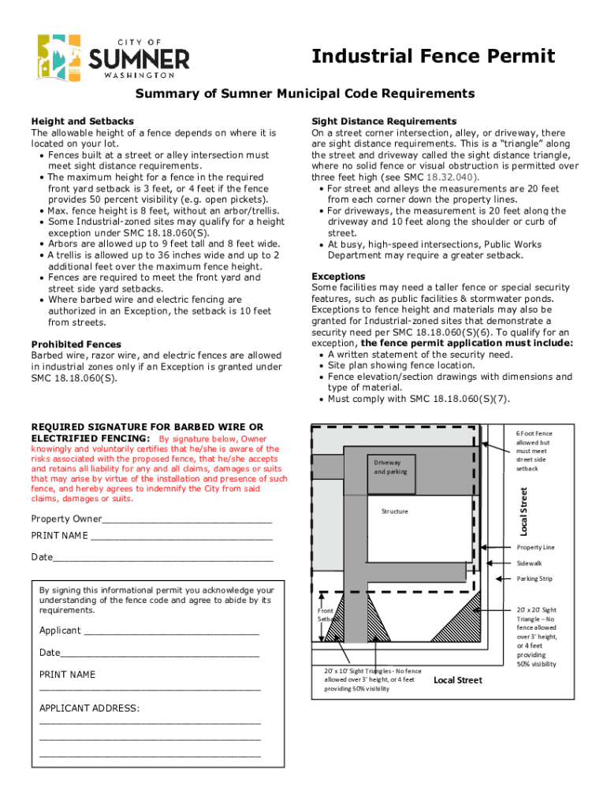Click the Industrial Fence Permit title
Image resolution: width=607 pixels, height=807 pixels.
coord(434,57)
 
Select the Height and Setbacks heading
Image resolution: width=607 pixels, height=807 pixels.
coord(82,121)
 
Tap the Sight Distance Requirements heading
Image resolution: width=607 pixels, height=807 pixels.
coord(384,121)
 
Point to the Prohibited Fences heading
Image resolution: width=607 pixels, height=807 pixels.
coord(76,344)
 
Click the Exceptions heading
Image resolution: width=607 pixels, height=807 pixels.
coord(338,277)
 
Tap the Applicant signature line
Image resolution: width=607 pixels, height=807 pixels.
coord(170,630)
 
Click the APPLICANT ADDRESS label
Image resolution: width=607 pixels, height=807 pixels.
coord(89,708)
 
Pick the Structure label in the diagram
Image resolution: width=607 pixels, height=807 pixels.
coord(395,511)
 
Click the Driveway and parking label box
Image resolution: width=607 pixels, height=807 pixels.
coord(390,467)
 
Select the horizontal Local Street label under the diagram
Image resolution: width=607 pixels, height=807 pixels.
coord(458,680)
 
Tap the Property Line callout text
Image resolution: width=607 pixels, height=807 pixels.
coord(535,547)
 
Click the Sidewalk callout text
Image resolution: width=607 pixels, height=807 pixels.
coord(530,563)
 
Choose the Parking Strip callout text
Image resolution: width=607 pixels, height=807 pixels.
coord(534,578)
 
